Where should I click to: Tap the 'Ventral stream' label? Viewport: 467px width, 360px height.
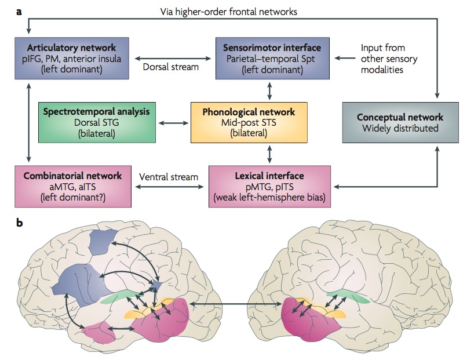[x=170, y=176]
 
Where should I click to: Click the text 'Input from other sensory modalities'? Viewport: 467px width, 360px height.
[x=389, y=59]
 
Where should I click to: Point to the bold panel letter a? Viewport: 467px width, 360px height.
[x=19, y=10]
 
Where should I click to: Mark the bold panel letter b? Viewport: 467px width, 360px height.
[x=19, y=222]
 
